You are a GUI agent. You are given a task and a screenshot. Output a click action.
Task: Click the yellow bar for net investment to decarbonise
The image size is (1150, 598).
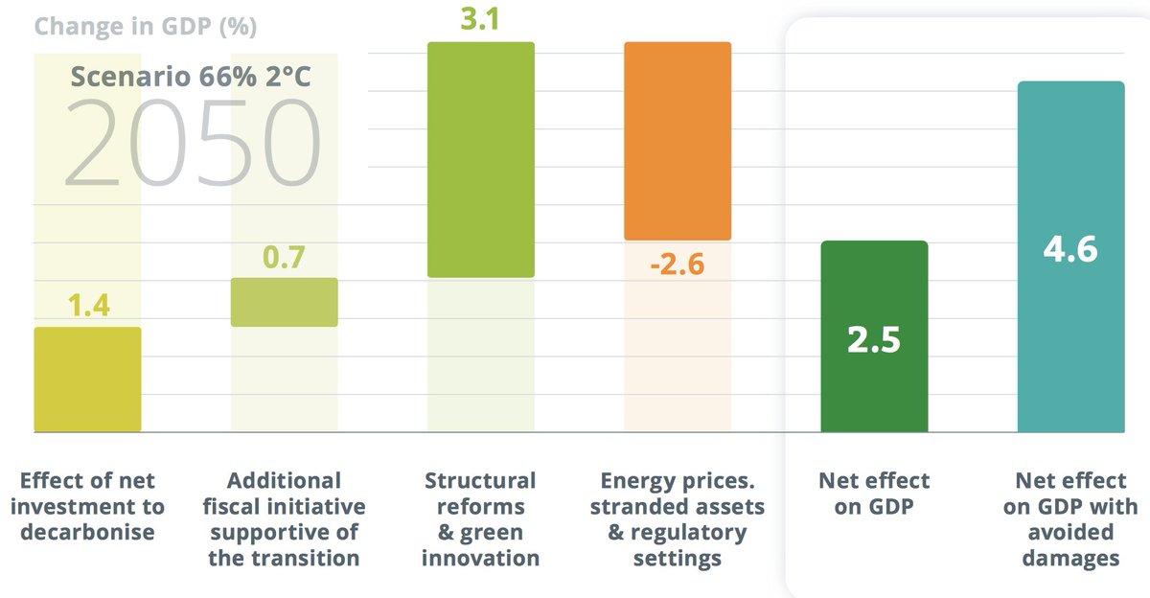[87, 379]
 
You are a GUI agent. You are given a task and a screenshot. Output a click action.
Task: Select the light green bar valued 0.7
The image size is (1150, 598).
[285, 303]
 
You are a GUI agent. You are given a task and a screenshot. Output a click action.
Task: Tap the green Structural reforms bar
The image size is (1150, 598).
[480, 160]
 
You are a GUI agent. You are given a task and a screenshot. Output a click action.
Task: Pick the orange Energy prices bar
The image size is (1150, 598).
[678, 141]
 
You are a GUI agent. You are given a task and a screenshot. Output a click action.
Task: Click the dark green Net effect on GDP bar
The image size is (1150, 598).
[874, 336]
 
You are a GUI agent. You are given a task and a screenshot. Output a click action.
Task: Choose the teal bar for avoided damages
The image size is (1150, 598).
[1070, 257]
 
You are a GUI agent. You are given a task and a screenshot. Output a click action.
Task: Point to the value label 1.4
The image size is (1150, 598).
[88, 306]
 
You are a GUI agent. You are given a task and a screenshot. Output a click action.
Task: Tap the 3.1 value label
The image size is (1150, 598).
[480, 19]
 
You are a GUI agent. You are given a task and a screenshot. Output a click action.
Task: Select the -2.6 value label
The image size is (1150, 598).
[677, 264]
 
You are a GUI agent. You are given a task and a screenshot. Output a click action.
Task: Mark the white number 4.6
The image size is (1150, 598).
[1070, 249]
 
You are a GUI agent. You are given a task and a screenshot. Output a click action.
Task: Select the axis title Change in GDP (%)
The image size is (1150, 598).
[146, 26]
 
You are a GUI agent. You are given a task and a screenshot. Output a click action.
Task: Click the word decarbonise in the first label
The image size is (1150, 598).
[87, 533]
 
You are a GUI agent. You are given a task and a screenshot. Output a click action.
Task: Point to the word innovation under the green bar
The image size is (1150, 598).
[481, 558]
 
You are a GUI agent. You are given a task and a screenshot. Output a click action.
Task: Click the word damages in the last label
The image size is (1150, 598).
[1070, 558]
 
